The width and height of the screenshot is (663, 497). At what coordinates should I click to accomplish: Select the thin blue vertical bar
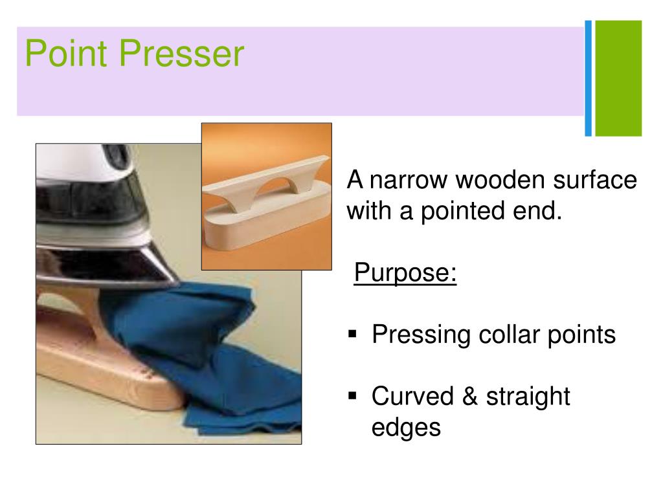click(x=588, y=78)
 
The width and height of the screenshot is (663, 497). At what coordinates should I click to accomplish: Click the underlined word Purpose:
click(x=405, y=273)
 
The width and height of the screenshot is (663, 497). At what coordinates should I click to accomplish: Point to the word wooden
click(x=500, y=180)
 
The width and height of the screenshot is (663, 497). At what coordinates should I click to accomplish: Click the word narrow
click(x=409, y=180)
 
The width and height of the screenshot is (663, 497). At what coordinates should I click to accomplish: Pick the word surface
click(x=595, y=180)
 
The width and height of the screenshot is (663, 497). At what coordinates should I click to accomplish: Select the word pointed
click(x=463, y=211)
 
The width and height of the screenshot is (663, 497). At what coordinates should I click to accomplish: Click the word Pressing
click(x=421, y=335)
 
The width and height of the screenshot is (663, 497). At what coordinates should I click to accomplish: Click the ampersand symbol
click(x=469, y=396)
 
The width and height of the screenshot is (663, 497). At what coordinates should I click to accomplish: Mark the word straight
click(x=528, y=396)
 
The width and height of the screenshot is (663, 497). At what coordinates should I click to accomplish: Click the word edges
click(x=406, y=427)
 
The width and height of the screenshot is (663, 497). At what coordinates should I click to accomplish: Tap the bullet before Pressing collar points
click(x=353, y=335)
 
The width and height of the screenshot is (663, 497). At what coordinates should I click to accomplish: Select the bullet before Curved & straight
click(x=353, y=395)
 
